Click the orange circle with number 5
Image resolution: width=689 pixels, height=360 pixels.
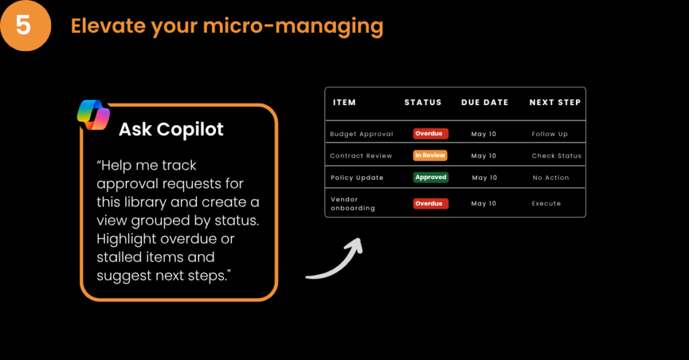tap(25, 25)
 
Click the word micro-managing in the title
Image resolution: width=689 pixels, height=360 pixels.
tap(293, 26)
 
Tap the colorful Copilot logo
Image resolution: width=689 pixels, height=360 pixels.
tap(94, 115)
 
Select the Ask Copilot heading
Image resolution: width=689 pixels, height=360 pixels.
tap(171, 129)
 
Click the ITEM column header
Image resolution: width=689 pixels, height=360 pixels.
tap(344, 102)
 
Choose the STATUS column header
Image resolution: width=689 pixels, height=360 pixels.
tap(423, 102)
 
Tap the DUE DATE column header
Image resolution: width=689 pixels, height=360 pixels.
tap(484, 102)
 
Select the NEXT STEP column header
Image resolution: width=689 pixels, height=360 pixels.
tap(555, 102)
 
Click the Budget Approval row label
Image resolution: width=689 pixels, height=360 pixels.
tap(361, 134)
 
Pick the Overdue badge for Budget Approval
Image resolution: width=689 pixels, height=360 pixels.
tap(431, 134)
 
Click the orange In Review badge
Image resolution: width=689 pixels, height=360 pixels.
tap(430, 155)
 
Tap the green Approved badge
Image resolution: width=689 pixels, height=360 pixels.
tap(431, 177)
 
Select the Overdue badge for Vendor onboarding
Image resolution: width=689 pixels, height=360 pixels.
tap(431, 203)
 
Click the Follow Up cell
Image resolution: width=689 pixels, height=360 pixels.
tap(550, 134)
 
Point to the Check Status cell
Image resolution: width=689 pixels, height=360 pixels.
tap(556, 155)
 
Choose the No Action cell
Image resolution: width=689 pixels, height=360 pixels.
tap(550, 178)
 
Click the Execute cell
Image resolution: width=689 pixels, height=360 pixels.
tap(546, 203)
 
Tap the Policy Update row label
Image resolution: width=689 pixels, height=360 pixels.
tap(357, 178)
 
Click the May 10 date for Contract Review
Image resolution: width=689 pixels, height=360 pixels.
tap(483, 155)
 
